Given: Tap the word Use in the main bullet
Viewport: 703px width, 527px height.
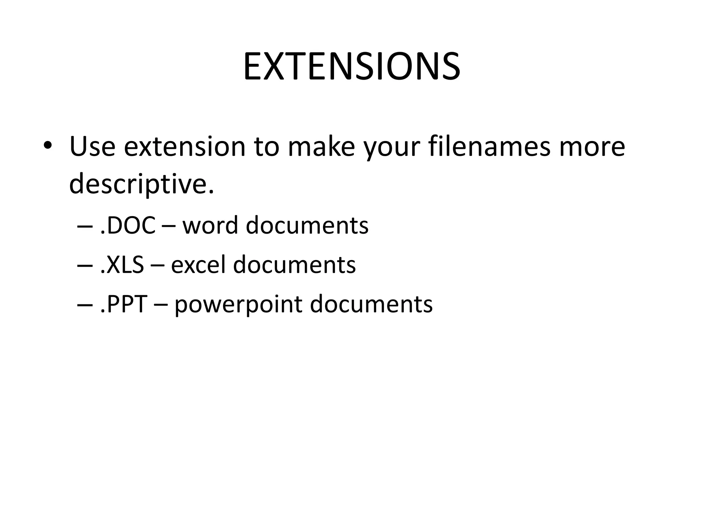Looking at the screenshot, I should point(92,147).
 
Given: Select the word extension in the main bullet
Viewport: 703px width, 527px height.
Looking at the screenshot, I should point(185,147).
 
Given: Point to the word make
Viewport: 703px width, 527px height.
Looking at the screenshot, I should point(321,147).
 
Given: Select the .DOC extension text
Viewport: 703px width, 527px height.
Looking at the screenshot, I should point(128,226).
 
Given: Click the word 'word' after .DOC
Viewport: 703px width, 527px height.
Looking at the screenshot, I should point(210,226).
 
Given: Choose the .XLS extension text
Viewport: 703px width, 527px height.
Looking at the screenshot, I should point(122,265).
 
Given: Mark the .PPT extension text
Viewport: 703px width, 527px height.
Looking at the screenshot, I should point(124,304).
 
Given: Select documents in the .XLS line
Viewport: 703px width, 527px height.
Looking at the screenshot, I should point(294,265).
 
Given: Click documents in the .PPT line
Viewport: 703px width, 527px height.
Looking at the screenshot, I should point(371,304).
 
